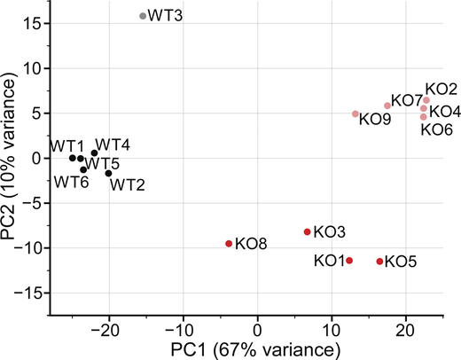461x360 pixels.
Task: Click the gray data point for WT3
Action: coord(143,16)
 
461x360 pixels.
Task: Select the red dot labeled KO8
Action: coord(229,243)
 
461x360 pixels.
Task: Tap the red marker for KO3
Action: coord(308,231)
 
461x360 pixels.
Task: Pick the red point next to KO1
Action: coord(349,260)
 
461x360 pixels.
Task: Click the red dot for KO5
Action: coord(380,261)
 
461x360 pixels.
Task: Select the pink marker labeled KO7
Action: coord(387,106)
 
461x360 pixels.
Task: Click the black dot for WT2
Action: coord(109,173)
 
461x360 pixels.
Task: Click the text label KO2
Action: coord(441,89)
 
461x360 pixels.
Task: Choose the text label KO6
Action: coord(437,129)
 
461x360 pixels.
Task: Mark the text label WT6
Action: coord(72,183)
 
